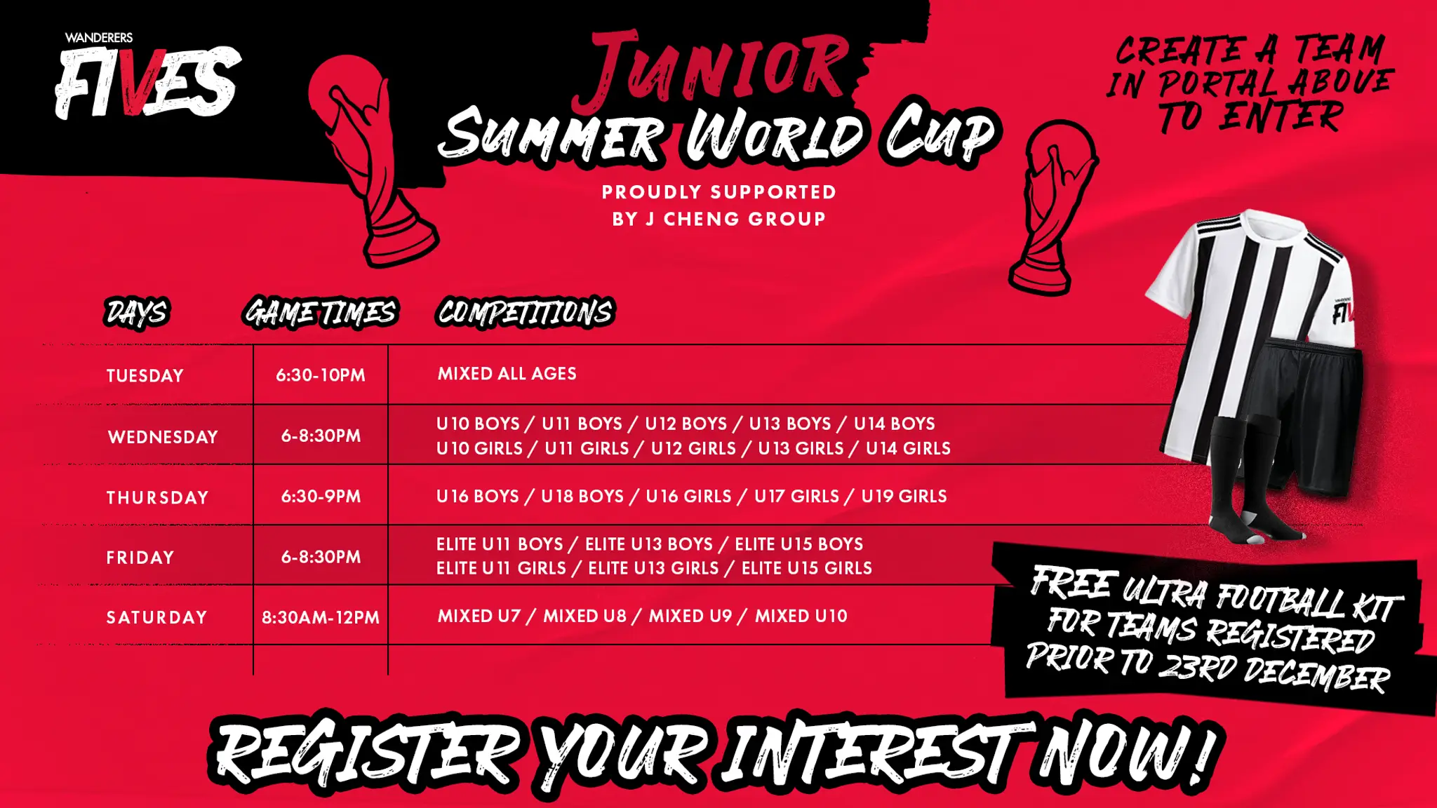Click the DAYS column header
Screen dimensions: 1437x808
[x=137, y=313]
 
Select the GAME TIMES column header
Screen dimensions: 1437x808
[x=321, y=313]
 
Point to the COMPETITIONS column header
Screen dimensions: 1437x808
[x=526, y=312]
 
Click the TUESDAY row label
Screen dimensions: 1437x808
[x=145, y=376]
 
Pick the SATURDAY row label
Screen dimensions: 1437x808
[x=157, y=617]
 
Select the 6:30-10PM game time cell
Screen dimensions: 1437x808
[x=321, y=375]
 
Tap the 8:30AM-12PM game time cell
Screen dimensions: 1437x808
[x=321, y=618]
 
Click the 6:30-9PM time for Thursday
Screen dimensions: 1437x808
[x=321, y=497]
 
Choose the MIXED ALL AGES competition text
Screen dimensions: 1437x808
[x=507, y=374]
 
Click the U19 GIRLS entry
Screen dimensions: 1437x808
[x=904, y=497]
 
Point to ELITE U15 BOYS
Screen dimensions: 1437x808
[x=799, y=544]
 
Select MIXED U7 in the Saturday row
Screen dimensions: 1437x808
[x=479, y=617]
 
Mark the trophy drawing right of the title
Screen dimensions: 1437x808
[x=1052, y=208]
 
